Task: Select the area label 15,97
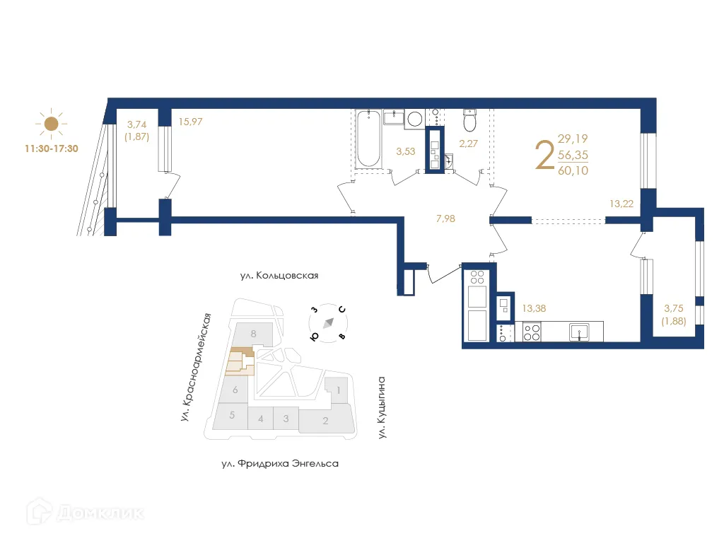[191, 122]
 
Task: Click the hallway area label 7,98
[445, 218]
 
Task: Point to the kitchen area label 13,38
[533, 308]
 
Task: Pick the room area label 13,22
[621, 204]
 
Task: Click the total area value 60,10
[573, 170]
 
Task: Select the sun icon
[50, 124]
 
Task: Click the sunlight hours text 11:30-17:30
[50, 150]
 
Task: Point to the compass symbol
[328, 323]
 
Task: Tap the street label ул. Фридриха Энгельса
[280, 464]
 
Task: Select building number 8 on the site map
[253, 333]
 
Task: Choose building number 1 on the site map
[339, 390]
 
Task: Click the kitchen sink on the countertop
[580, 331]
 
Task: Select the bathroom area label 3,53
[406, 151]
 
